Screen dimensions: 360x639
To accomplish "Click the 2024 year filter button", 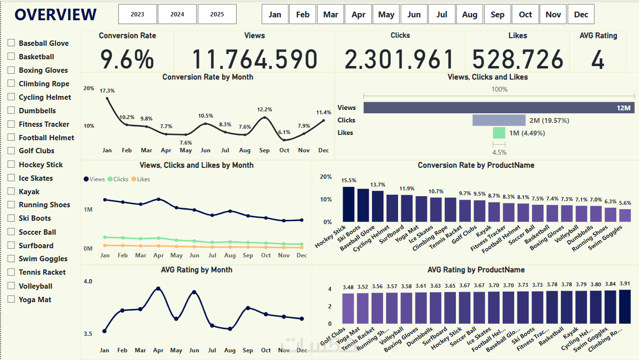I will point(177,14).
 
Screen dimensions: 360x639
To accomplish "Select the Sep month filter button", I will point(497,14).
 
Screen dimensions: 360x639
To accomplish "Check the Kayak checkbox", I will point(11,191).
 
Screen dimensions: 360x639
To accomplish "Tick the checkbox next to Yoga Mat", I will point(11,299).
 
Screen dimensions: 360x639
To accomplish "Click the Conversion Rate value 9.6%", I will point(127,59).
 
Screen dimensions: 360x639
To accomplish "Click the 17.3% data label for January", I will point(107,91).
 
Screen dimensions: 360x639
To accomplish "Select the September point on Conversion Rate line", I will point(265,118).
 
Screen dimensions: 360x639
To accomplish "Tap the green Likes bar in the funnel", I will point(499,133).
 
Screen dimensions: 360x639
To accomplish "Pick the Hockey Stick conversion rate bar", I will point(348,204).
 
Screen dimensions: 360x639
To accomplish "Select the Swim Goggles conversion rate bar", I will point(625,215).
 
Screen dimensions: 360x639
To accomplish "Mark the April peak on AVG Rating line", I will point(158,289).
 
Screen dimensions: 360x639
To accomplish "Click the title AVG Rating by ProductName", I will point(476,270).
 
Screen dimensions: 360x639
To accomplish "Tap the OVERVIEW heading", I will point(55,15).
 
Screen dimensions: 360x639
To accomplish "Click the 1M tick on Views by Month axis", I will point(88,210).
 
